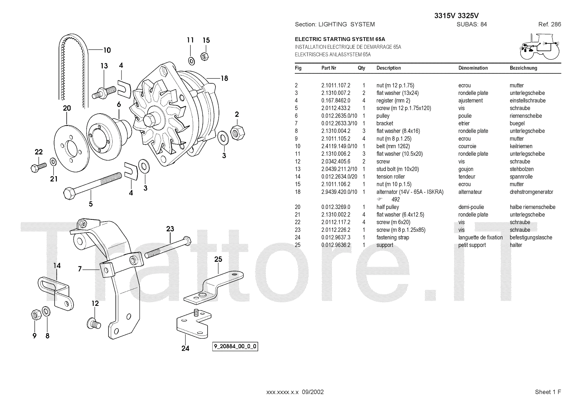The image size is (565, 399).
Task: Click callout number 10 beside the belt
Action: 107,50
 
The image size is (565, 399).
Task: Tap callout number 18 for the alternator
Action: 224,78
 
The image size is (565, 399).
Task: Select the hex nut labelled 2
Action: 237,132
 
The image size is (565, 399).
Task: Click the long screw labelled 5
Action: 92,183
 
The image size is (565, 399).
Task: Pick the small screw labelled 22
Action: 37,167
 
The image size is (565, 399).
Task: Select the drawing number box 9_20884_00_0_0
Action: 234,347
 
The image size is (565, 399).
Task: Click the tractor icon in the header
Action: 539,47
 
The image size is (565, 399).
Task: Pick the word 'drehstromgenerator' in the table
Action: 531,192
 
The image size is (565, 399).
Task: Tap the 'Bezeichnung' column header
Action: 523,68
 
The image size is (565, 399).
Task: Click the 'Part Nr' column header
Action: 329,68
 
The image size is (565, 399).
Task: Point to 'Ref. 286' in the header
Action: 549,24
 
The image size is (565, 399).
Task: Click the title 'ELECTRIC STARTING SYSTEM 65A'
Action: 340,39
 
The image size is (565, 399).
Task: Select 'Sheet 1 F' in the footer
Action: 548,392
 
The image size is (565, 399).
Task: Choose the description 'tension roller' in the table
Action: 391,177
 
